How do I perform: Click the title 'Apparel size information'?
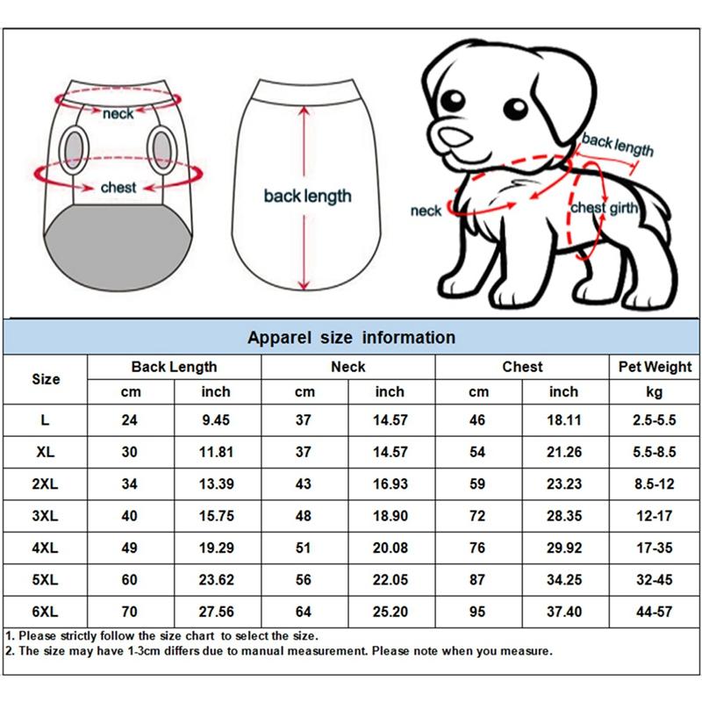coord(351,338)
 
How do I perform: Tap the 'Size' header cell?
coord(46,379)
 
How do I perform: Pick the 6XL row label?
coord(46,611)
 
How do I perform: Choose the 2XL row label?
coord(46,484)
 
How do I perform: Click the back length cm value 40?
coord(130,516)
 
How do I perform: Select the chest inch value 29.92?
coord(564,548)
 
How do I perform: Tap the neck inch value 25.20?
coord(390,611)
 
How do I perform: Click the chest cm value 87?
coord(478,579)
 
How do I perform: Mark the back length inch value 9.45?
coord(216,420)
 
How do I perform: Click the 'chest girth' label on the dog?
coord(604,208)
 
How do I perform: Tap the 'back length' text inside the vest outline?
coord(307,196)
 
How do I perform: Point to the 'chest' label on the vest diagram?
coord(118,187)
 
